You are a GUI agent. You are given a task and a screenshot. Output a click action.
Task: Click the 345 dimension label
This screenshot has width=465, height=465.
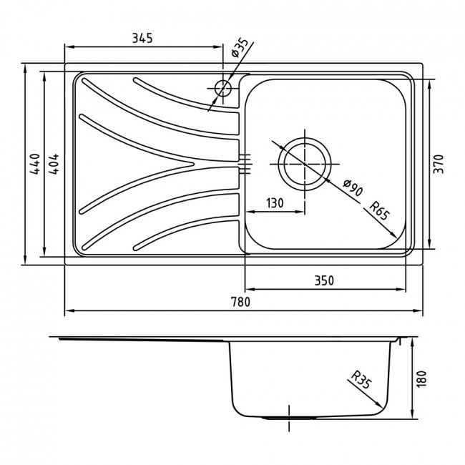coord(142,38)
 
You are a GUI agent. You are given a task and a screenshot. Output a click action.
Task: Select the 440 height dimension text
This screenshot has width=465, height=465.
coord(35,164)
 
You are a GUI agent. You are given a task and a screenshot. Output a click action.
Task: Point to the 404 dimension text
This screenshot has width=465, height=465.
coord(54,164)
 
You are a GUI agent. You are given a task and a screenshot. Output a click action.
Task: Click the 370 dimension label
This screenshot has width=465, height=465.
coord(439,164)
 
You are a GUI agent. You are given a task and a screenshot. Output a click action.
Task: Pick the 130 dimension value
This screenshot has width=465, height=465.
coord(275,203)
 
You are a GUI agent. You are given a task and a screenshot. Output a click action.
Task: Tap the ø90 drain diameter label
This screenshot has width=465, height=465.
coord(353,187)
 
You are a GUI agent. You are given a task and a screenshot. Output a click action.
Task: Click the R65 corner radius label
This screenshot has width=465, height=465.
coord(378,210)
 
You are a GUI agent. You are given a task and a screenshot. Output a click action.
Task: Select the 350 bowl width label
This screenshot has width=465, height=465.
coord(324,280)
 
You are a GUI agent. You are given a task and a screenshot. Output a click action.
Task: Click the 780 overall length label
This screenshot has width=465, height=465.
coord(240,302)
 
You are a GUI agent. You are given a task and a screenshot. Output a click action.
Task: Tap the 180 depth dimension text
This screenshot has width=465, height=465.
coord(421,378)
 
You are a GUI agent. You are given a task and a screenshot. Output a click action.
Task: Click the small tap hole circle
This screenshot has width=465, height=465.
coord(222,88)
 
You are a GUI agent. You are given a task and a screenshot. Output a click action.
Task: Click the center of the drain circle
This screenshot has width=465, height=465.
coord(304,164)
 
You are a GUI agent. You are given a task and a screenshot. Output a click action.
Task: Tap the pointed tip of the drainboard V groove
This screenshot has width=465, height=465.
coord(194,164)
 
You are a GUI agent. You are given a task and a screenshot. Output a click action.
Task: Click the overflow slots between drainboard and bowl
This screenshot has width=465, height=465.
coord(245,164)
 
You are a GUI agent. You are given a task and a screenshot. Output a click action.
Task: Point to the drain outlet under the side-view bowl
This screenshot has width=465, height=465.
coord(288,418)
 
